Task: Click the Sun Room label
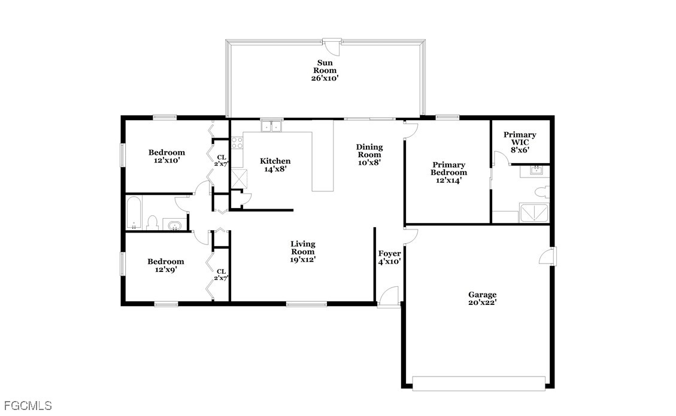coord(325,71)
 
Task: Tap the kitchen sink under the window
coord(271,127)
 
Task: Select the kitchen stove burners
coord(237,143)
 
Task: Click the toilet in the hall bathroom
coord(151,223)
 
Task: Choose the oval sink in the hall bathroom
coord(175,225)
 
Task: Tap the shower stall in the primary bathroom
coord(535,213)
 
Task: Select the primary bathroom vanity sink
coord(536,170)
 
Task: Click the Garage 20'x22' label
coord(483,299)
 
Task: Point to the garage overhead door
coord(479,383)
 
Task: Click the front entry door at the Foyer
coord(389,297)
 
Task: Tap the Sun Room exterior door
coord(333,47)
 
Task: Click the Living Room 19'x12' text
coord(302,252)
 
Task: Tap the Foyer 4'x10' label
coord(390,257)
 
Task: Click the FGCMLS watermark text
coord(28,405)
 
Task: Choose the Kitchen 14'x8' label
coord(275,165)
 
